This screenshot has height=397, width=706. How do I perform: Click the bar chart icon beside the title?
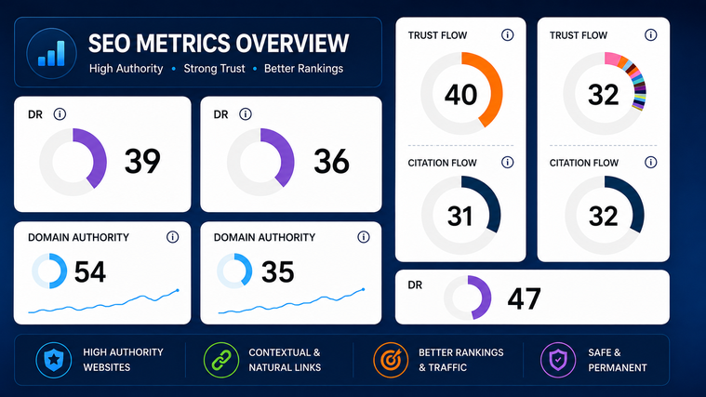pyautogui.click(x=51, y=54)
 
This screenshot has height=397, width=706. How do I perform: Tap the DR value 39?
pyautogui.click(x=142, y=161)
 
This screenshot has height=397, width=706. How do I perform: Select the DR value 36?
pyautogui.click(x=331, y=161)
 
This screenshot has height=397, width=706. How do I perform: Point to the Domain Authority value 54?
pyautogui.click(x=90, y=271)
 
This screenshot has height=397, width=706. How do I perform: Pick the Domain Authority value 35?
pyautogui.click(x=278, y=271)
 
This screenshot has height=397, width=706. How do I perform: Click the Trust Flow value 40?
pyautogui.click(x=460, y=95)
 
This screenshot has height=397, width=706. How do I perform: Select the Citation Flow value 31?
pyautogui.click(x=460, y=216)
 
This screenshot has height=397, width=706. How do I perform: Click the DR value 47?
pyautogui.click(x=524, y=298)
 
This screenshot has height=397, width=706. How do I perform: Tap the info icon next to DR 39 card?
pyautogui.click(x=60, y=114)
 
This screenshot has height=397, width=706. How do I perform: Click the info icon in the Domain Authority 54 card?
pyautogui.click(x=172, y=237)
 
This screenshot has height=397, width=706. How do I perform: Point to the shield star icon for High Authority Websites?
pyautogui.click(x=54, y=360)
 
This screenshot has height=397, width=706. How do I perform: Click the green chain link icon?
pyautogui.click(x=221, y=360)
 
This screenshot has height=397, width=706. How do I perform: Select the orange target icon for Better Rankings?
pyautogui.click(x=391, y=360)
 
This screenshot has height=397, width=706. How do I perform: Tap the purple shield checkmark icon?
pyautogui.click(x=558, y=360)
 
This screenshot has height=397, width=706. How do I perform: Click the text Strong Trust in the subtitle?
pyautogui.click(x=214, y=69)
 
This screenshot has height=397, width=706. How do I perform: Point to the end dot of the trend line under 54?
pyautogui.click(x=178, y=290)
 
